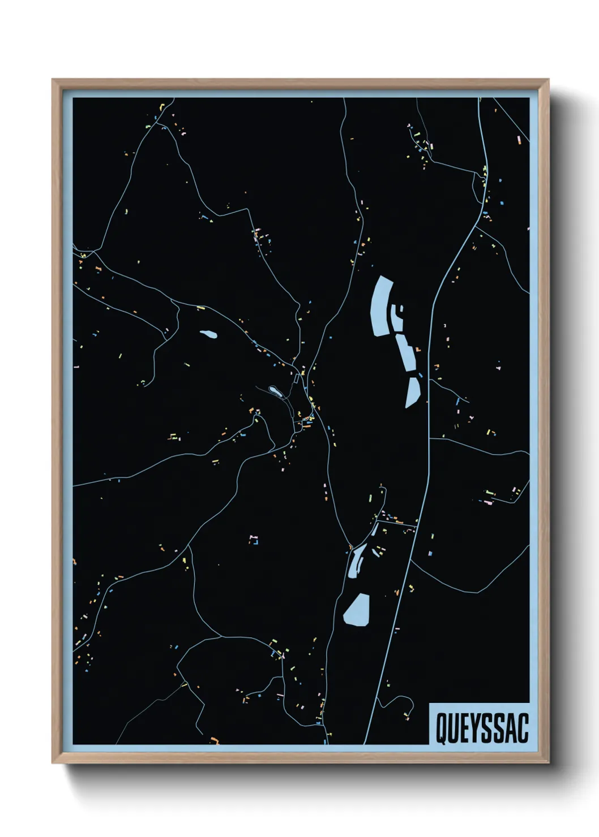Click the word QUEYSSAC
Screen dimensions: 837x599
481,728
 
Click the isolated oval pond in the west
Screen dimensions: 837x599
208,335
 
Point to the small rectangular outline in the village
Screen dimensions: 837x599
296,378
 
